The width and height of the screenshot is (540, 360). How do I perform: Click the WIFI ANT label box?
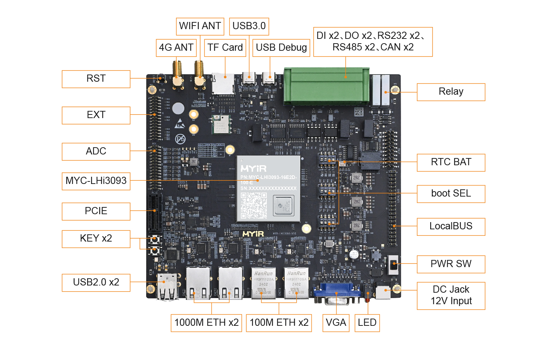pyautogui.click(x=200, y=26)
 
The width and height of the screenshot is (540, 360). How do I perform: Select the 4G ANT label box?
pyautogui.click(x=176, y=48)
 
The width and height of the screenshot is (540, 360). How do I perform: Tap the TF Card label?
pyautogui.click(x=225, y=48)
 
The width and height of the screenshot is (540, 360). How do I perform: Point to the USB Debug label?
pyautogui.click(x=281, y=48)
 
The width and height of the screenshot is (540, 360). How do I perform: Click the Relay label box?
pyautogui.click(x=451, y=92)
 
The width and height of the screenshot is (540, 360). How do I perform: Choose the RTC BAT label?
pyautogui.click(x=451, y=162)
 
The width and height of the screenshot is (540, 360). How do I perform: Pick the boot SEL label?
pyautogui.click(x=451, y=194)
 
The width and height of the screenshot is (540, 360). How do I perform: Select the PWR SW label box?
pyautogui.click(x=451, y=264)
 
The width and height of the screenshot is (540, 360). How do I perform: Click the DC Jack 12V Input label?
pyautogui.click(x=451, y=296)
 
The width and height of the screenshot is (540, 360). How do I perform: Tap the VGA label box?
pyautogui.click(x=336, y=323)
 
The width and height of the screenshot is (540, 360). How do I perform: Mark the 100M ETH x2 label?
pyautogui.click(x=279, y=323)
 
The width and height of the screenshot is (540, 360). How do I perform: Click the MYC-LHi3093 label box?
pyautogui.click(x=96, y=181)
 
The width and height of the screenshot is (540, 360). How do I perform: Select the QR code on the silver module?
pyautogui.click(x=254, y=205)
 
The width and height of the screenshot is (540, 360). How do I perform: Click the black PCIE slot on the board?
pyautogui.click(x=155, y=212)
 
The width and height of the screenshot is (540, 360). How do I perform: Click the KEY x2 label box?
pyautogui.click(x=96, y=239)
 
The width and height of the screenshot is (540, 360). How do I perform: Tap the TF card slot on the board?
pyautogui.click(x=223, y=84)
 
